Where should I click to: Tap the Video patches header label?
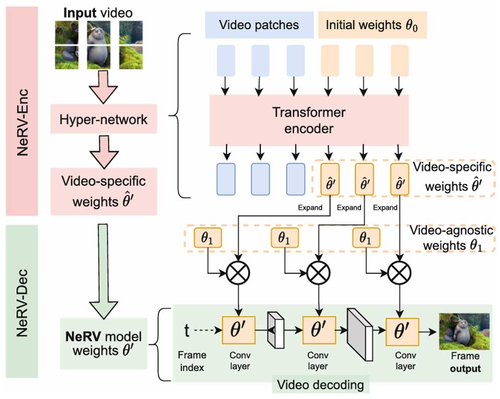(x=259, y=25)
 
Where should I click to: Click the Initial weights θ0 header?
(x=372, y=25)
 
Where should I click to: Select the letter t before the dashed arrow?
(x=187, y=330)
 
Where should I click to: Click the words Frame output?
(x=463, y=363)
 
